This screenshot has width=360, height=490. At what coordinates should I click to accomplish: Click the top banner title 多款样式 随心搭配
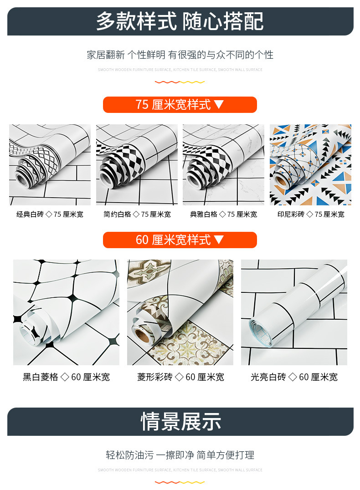[180, 21]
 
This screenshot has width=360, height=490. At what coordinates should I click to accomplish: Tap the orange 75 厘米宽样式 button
[180, 105]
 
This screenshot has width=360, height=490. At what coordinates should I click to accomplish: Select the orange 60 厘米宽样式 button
[180, 240]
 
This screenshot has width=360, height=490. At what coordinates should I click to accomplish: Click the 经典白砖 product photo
[50, 165]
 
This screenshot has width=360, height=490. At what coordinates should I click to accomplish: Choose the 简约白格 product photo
[137, 165]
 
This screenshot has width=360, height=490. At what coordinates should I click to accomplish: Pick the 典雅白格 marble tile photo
[223, 165]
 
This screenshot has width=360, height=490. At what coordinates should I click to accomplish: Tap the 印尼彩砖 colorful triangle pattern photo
[310, 165]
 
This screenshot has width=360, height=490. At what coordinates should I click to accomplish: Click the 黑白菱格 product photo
[66, 312]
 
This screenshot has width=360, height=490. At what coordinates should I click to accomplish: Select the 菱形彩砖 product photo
[180, 312]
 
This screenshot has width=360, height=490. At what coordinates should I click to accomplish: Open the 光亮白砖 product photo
[294, 312]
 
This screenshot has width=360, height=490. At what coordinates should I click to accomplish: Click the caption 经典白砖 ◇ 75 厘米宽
[50, 214]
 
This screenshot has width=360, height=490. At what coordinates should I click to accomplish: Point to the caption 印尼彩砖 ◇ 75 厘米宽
[310, 214]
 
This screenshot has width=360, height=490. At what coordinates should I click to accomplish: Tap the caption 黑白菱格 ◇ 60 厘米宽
[66, 377]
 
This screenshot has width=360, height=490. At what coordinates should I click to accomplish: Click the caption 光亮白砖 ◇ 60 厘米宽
[294, 377]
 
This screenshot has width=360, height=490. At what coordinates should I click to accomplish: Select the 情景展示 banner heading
[180, 421]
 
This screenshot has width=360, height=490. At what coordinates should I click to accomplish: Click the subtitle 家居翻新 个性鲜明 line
[180, 55]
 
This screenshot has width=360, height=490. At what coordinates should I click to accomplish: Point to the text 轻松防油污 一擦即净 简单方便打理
[180, 455]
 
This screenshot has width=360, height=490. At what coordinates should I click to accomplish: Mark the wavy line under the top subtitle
[180, 82]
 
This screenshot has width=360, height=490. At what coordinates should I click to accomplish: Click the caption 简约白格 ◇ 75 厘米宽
[137, 214]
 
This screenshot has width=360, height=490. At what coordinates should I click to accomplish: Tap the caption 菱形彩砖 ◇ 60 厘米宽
[180, 377]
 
